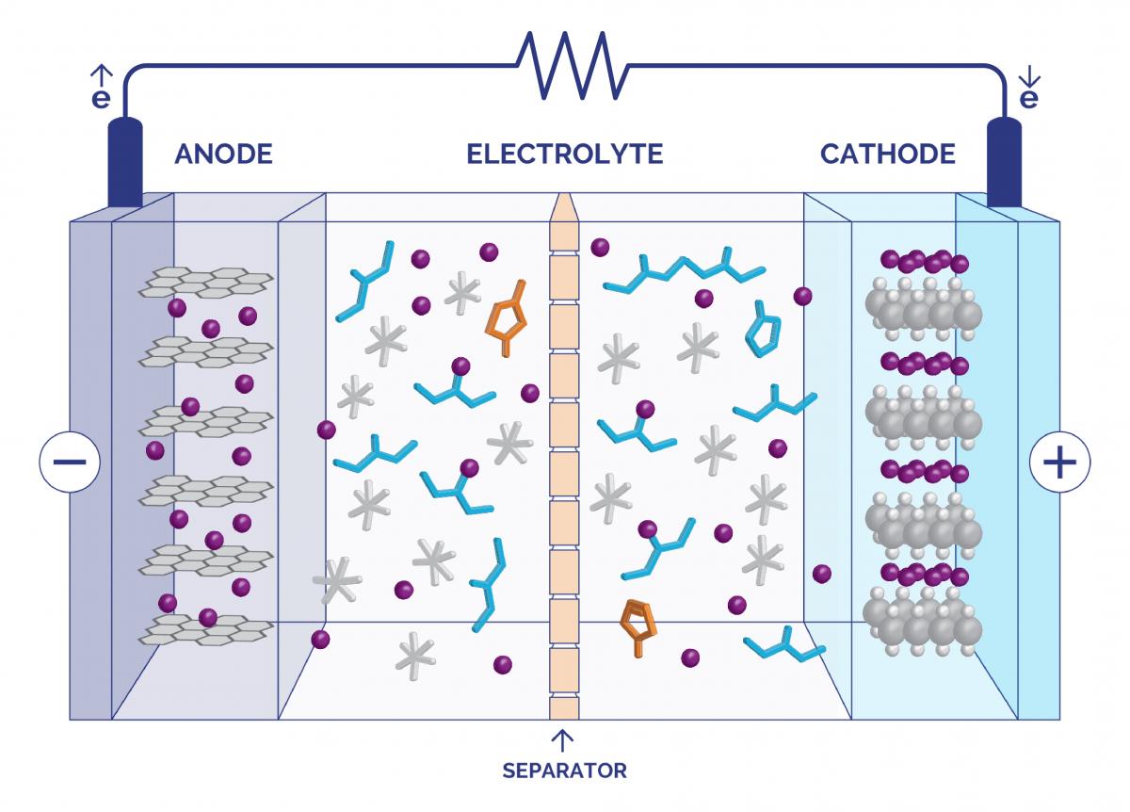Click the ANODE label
[223, 154]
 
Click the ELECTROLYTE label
[564, 154]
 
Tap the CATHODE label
[887, 154]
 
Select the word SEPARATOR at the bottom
[564, 771]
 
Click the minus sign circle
[70, 463]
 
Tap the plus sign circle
[1060, 463]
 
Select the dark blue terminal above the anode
[124, 162]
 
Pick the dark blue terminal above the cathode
[1004, 162]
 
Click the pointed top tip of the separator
[564, 201]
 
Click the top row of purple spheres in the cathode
[924, 260]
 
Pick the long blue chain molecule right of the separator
[685, 273]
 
